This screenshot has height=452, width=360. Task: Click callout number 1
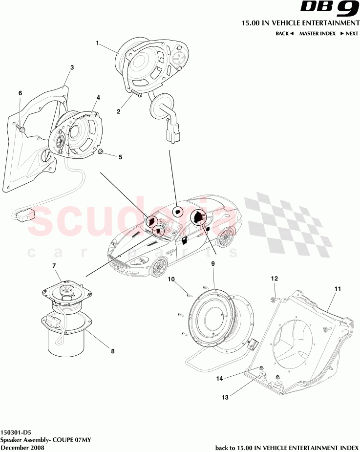point(97,43)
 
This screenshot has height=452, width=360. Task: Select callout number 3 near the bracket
point(72,67)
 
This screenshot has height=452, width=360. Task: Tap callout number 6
point(21,93)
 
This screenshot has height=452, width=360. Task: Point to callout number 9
point(213,263)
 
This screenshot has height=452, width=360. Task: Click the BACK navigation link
point(284,34)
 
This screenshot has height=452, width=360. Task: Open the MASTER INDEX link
point(317,34)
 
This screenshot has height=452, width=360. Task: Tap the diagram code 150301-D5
point(15,432)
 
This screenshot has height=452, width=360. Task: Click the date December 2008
point(22,448)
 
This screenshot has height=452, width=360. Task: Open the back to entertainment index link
point(287,448)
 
